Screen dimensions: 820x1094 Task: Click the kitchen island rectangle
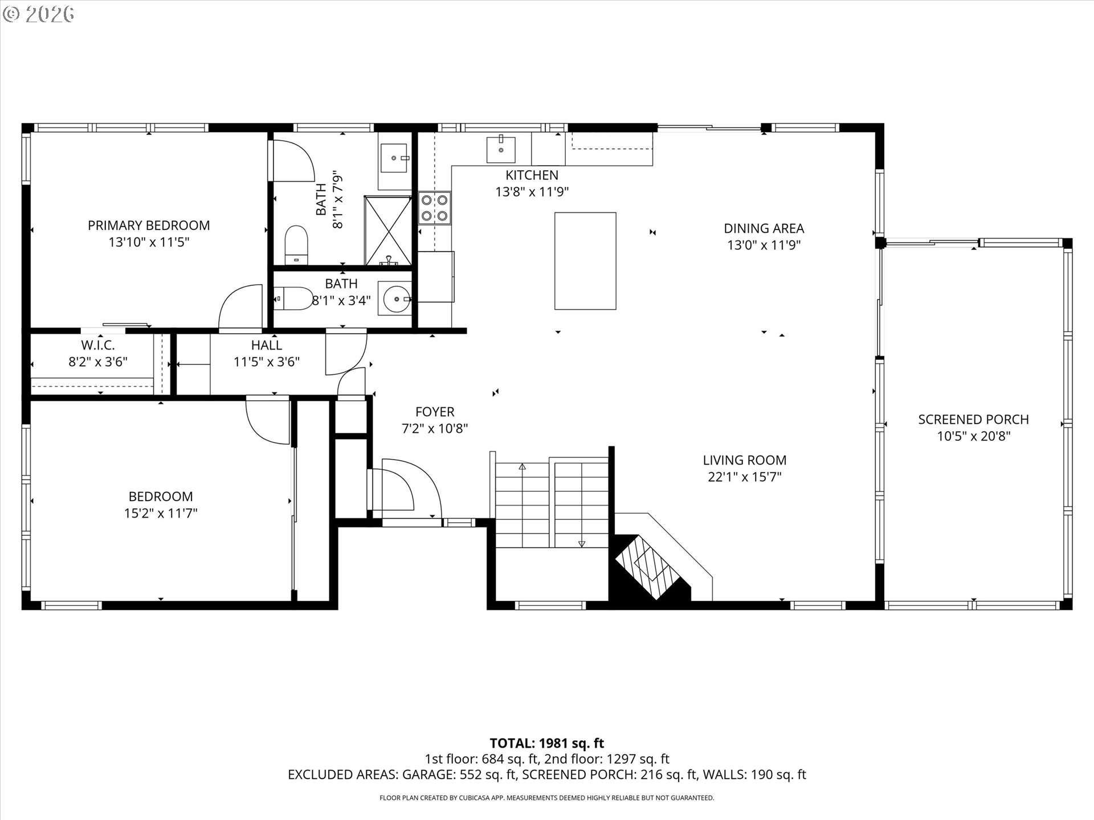pyautogui.click(x=585, y=261)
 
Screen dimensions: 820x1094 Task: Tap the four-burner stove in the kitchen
pyautogui.click(x=435, y=208)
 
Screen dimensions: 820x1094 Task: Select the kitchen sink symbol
pyautogui.click(x=500, y=149)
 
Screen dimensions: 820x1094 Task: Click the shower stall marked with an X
pyautogui.click(x=388, y=230)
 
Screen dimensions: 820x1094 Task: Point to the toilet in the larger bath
pyautogui.click(x=296, y=245)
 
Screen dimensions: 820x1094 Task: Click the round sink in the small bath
pyautogui.click(x=396, y=298)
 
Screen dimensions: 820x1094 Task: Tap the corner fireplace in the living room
pyautogui.click(x=650, y=567)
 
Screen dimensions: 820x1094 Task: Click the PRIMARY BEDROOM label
pyautogui.click(x=149, y=225)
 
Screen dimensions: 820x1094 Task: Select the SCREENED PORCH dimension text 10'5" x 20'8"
pyautogui.click(x=973, y=436)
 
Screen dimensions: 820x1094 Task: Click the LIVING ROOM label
pyautogui.click(x=744, y=460)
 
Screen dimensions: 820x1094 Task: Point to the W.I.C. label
pyautogui.click(x=98, y=345)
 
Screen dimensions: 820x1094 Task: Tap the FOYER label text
pyautogui.click(x=435, y=412)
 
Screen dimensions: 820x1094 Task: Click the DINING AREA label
pyautogui.click(x=764, y=228)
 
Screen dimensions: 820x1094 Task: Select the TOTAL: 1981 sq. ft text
pyautogui.click(x=546, y=743)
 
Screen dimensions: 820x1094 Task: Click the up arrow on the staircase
pyautogui.click(x=522, y=467)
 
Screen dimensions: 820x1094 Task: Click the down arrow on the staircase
pyautogui.click(x=581, y=543)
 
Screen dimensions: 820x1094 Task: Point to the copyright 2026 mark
pyautogui.click(x=38, y=14)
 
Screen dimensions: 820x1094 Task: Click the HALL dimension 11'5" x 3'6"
pyautogui.click(x=267, y=362)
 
